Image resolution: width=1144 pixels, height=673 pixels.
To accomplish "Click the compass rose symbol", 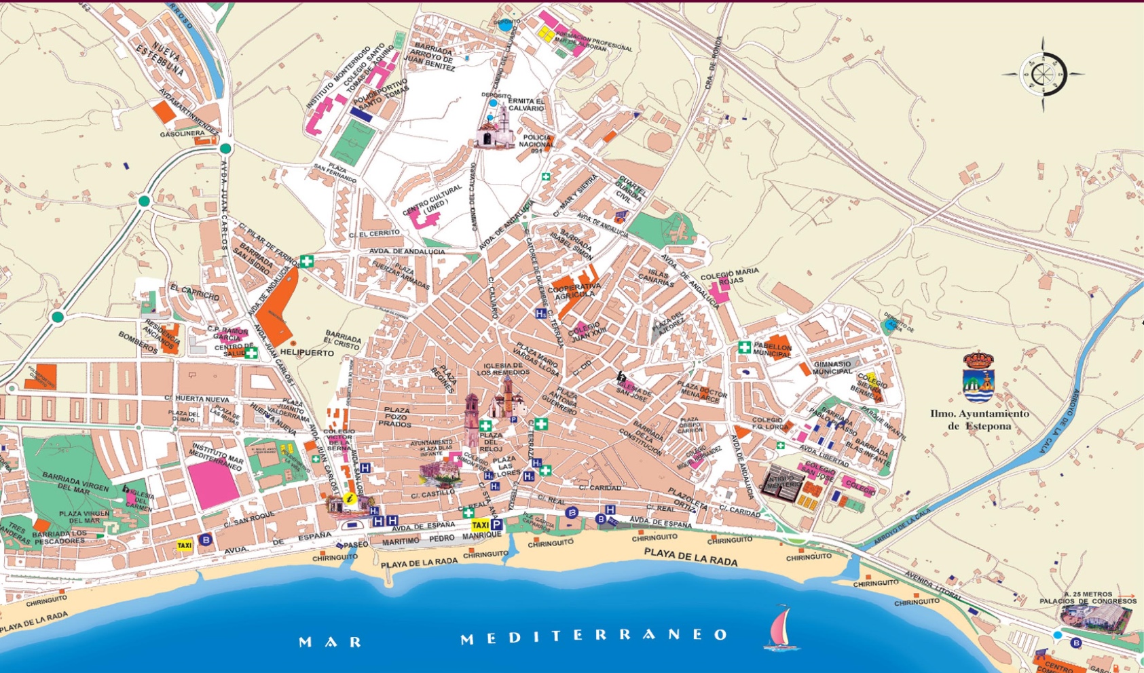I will coord(1044,74).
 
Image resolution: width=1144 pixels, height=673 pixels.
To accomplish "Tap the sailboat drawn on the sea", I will coord(781,628).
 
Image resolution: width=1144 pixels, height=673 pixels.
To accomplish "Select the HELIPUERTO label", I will coord(307,353).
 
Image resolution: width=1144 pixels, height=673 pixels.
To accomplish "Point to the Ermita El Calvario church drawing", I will coord(495,129).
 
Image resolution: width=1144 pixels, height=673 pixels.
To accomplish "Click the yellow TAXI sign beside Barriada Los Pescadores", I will coord(184,545).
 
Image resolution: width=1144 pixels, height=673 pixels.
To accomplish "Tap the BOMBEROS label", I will coord(138,342).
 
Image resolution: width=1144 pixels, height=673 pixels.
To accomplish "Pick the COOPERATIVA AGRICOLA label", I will coord(574,290).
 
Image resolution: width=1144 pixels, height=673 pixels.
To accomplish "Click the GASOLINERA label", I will coord(182,134).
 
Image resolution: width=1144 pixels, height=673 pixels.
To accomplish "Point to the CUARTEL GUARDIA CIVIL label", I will coord(627,189).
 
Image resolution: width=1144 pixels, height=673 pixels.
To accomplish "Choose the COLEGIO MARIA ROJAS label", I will coord(729,278).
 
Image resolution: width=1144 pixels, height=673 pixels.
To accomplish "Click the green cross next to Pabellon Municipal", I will coord(744,347).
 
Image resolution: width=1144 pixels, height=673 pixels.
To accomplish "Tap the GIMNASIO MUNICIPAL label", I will coord(832,368).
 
